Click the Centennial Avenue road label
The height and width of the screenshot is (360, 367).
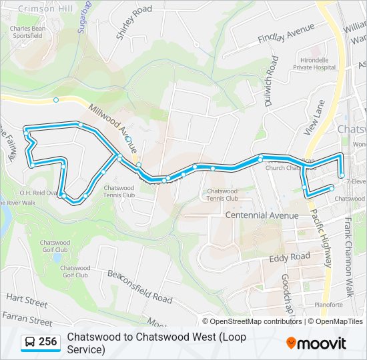tap(262, 215)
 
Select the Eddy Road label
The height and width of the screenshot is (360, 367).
tap(290, 257)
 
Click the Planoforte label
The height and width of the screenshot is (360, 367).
tap(328, 305)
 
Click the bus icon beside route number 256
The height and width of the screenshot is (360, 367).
tap(30, 342)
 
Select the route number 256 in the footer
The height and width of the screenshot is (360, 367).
tap(48, 342)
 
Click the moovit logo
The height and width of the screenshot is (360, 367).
tap(316, 343)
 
